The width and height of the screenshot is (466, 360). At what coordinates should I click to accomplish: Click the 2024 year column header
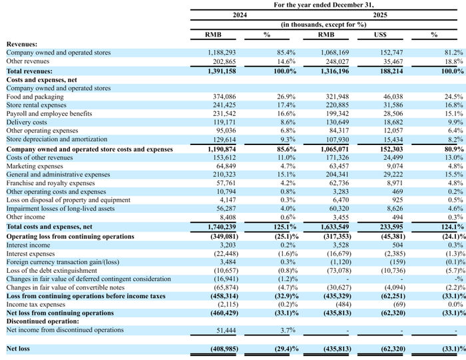click(x=240, y=15)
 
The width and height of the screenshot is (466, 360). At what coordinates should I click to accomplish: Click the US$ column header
click(x=380, y=35)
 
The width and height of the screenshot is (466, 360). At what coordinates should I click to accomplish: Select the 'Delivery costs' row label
click(x=27, y=122)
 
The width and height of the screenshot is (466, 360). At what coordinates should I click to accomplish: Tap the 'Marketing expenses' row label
click(x=35, y=166)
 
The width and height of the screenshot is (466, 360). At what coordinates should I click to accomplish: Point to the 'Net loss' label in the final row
click(x=18, y=349)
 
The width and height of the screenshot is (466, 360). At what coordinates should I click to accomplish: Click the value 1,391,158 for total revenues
click(x=222, y=71)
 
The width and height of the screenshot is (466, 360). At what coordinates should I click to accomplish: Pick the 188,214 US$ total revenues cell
click(x=391, y=71)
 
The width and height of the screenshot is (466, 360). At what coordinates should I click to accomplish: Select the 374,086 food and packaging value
click(x=224, y=96)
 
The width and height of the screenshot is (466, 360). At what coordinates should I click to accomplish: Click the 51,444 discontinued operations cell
click(x=226, y=330)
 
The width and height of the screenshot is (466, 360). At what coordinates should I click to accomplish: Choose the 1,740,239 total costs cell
click(x=222, y=227)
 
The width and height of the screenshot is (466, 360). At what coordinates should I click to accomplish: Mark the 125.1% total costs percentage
click(x=285, y=227)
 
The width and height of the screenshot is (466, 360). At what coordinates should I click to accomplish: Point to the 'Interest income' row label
click(x=28, y=245)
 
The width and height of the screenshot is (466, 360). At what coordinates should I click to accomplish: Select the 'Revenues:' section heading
click(x=22, y=45)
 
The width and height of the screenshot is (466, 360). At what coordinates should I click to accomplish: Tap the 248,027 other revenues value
click(x=338, y=62)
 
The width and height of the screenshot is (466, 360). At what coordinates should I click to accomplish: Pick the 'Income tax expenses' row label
click(x=36, y=305)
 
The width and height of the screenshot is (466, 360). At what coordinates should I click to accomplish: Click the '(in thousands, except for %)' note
click(x=324, y=25)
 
